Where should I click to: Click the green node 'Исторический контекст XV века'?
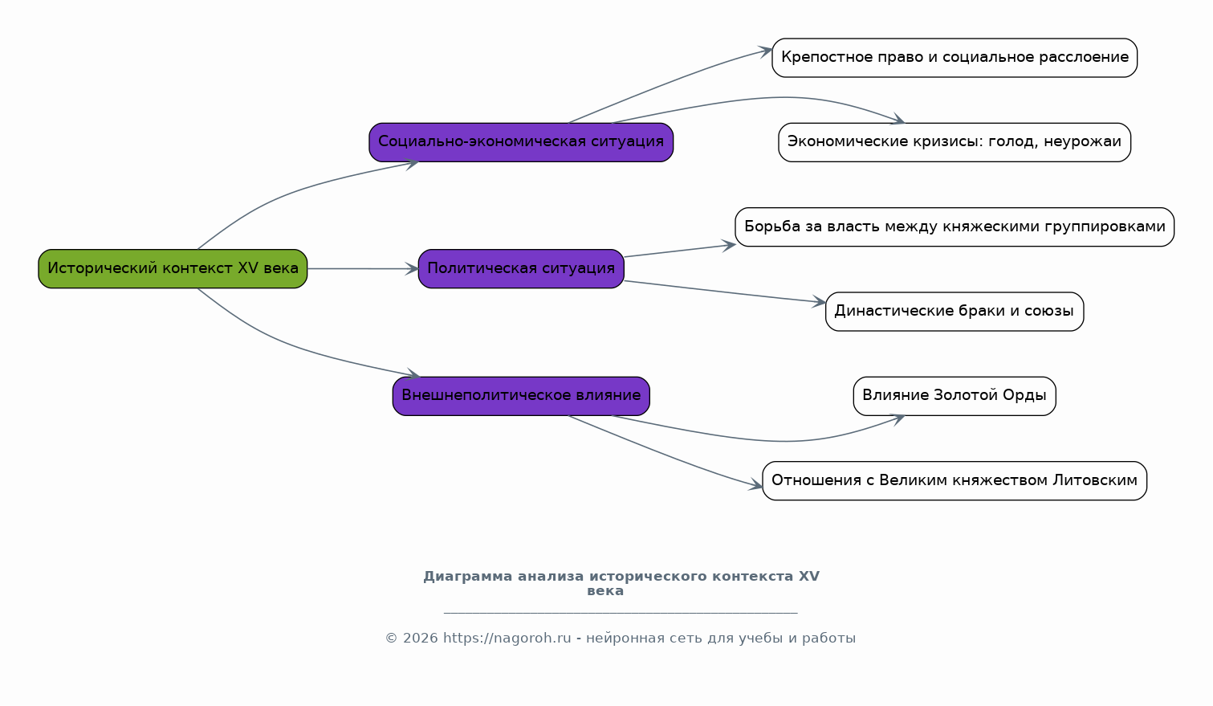(x=173, y=269)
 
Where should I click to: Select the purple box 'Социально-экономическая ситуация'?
(x=521, y=142)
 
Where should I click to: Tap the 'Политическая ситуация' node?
(x=521, y=269)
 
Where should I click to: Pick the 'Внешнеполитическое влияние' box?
(x=521, y=396)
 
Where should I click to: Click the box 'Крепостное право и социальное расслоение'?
(x=955, y=58)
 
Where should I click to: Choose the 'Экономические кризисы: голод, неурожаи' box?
(x=955, y=142)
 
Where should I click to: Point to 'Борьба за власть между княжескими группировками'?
(x=955, y=227)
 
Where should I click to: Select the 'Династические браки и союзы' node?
(x=955, y=312)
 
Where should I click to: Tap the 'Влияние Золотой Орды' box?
(x=955, y=396)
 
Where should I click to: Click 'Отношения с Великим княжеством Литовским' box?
(x=955, y=480)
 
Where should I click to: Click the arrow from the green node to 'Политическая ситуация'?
(x=363, y=269)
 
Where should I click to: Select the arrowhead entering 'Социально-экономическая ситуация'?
(x=412, y=164)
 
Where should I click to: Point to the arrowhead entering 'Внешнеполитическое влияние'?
(x=413, y=373)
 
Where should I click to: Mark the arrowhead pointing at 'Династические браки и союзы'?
(x=818, y=302)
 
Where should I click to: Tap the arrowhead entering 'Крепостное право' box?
(x=764, y=51)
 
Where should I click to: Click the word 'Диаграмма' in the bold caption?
(x=468, y=577)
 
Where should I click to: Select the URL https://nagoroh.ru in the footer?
(x=507, y=639)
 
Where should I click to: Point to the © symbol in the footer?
(x=392, y=639)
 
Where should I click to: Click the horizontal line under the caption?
(x=621, y=613)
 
